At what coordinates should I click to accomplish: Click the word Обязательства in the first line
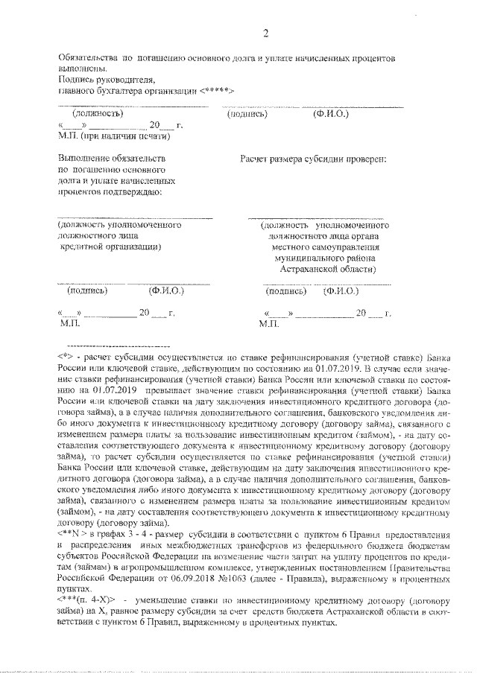[85, 57]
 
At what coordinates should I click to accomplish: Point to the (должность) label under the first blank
[96, 114]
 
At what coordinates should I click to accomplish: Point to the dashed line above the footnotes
[119, 346]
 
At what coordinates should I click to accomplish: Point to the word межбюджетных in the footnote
[183, 545]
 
